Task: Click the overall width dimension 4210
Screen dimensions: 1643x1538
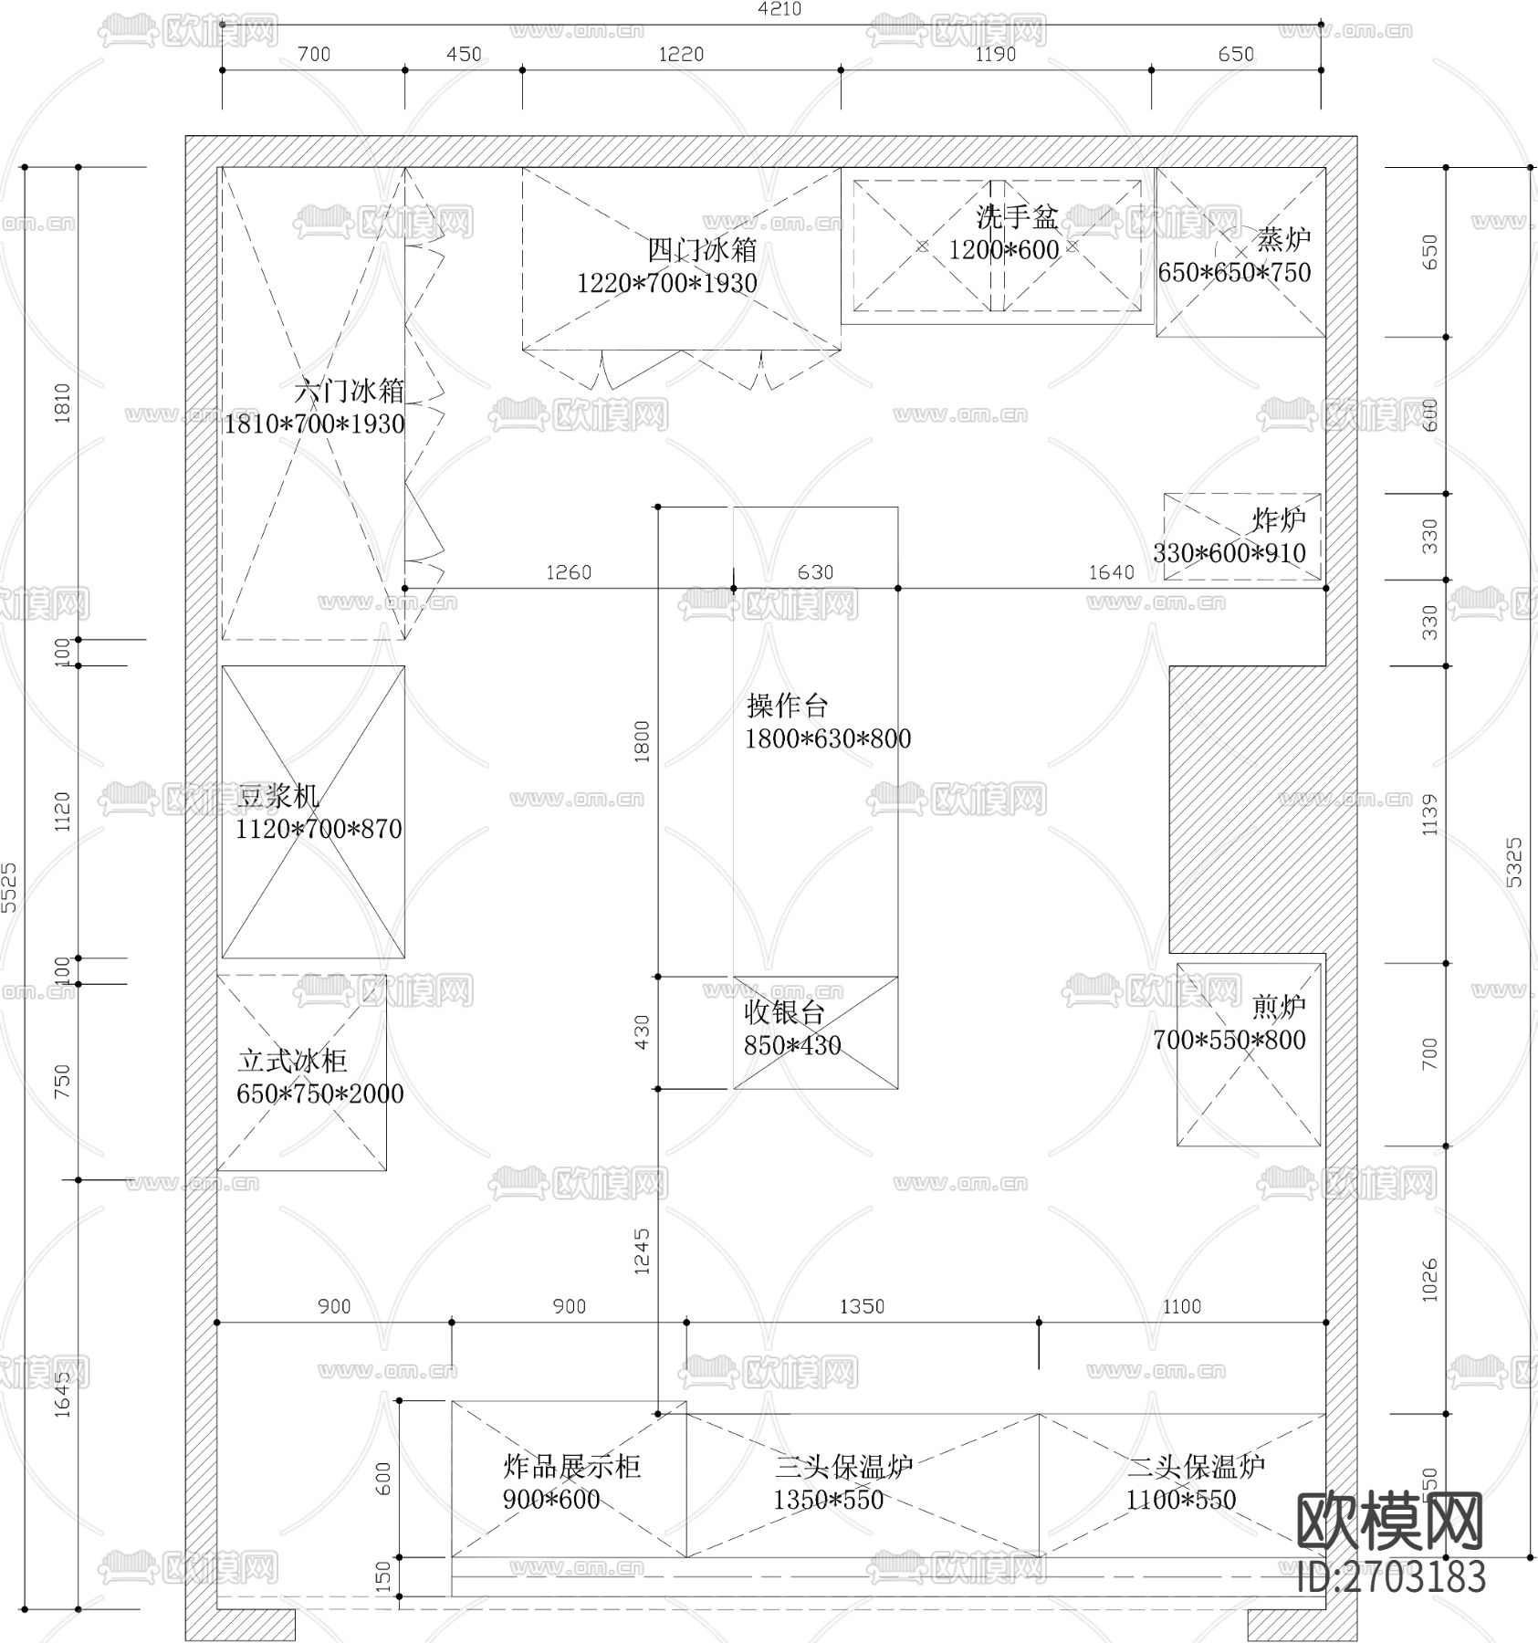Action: pyautogui.click(x=779, y=9)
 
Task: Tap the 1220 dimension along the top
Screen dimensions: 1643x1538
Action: pyautogui.click(x=681, y=54)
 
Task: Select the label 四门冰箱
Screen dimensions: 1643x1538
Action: pyautogui.click(x=702, y=249)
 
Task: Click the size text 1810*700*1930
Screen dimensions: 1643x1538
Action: pyautogui.click(x=314, y=424)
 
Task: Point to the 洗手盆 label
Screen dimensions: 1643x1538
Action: pyautogui.click(x=1016, y=216)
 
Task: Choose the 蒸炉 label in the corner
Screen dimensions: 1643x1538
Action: pyautogui.click(x=1282, y=239)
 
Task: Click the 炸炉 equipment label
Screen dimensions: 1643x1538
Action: pyautogui.click(x=1278, y=520)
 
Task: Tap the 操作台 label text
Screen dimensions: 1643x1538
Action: pyautogui.click(x=787, y=705)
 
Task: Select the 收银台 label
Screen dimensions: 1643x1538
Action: pyautogui.click(x=784, y=1011)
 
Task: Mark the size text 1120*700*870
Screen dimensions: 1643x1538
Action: pyautogui.click(x=319, y=829)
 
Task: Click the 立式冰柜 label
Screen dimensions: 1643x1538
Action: pyautogui.click(x=292, y=1061)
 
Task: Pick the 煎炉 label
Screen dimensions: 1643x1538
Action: pyautogui.click(x=1278, y=1007)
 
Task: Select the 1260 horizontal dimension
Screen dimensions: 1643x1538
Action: pyautogui.click(x=568, y=572)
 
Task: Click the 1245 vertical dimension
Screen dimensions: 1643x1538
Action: pyautogui.click(x=642, y=1251)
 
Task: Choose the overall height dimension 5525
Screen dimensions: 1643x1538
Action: pyautogui.click(x=8, y=886)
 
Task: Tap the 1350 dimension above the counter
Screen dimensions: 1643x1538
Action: pyautogui.click(x=862, y=1306)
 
